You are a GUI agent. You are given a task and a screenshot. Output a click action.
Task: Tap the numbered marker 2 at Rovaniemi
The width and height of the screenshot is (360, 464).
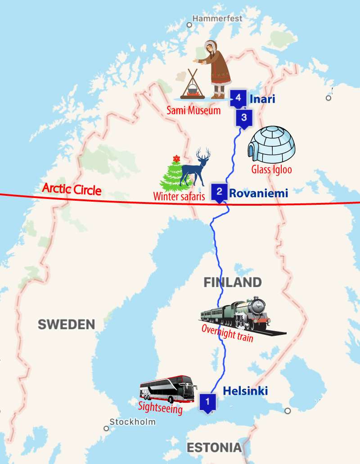(219, 191)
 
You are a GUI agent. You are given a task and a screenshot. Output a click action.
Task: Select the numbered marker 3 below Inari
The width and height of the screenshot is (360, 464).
(243, 118)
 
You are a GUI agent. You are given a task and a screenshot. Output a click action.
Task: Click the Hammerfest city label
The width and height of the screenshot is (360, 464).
(217, 18)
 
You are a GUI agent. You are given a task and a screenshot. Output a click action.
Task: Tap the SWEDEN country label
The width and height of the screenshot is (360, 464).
(66, 324)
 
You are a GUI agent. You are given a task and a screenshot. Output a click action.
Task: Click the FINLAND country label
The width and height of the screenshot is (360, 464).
(232, 283)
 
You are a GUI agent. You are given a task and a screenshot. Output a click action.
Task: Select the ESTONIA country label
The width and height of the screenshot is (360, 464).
(214, 448)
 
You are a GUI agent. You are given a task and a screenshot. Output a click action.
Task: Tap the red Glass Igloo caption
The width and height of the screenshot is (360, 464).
(271, 169)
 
